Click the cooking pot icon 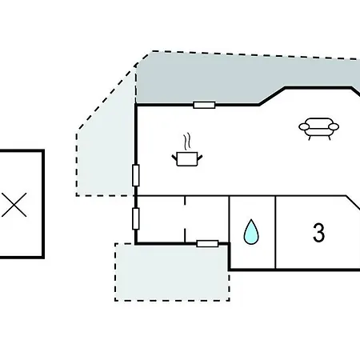coord(187,158)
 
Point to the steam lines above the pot coord(187,142)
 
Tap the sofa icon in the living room coord(318,129)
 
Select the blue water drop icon coord(251,232)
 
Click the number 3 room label coord(319,233)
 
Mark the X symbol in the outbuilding coord(14,205)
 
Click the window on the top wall coord(204,105)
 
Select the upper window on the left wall coord(136,175)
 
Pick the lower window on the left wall coord(136,218)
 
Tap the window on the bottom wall coord(207,243)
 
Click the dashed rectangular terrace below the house coord(172,272)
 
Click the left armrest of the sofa coord(304,126)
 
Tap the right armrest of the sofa coord(334,126)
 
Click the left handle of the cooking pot coord(174,158)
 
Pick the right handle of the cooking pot coord(200,158)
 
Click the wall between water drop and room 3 coord(275,232)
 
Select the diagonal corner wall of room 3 coord(353,202)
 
